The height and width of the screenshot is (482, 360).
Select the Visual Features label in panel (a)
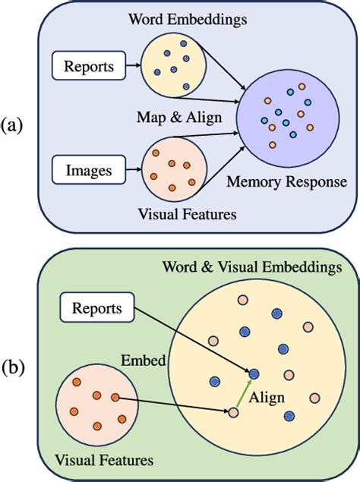tap(188, 215)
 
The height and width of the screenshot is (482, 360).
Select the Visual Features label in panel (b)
tap(103, 460)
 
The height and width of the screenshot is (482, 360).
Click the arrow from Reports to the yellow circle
tap(128, 67)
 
